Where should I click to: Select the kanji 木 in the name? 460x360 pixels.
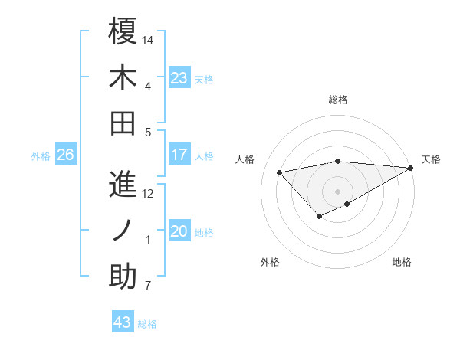(123, 77)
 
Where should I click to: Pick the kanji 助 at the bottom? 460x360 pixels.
(123, 278)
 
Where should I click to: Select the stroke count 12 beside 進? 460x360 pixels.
(149, 193)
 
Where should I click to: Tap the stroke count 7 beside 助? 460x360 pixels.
(148, 286)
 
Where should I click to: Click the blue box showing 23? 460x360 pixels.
(179, 77)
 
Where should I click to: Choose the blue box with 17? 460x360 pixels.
(179, 155)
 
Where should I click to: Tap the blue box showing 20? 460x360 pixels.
(179, 231)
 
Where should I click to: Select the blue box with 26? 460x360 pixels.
(65, 155)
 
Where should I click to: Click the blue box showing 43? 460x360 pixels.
(122, 322)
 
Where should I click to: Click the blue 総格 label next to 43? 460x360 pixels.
(147, 324)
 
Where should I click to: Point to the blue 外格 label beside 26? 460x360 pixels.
(41, 156)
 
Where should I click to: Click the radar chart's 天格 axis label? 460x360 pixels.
(431, 159)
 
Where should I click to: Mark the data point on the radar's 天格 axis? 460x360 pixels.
(410, 168)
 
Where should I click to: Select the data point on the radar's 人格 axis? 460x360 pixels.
(280, 172)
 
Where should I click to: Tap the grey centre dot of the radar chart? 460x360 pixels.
(337, 191)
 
